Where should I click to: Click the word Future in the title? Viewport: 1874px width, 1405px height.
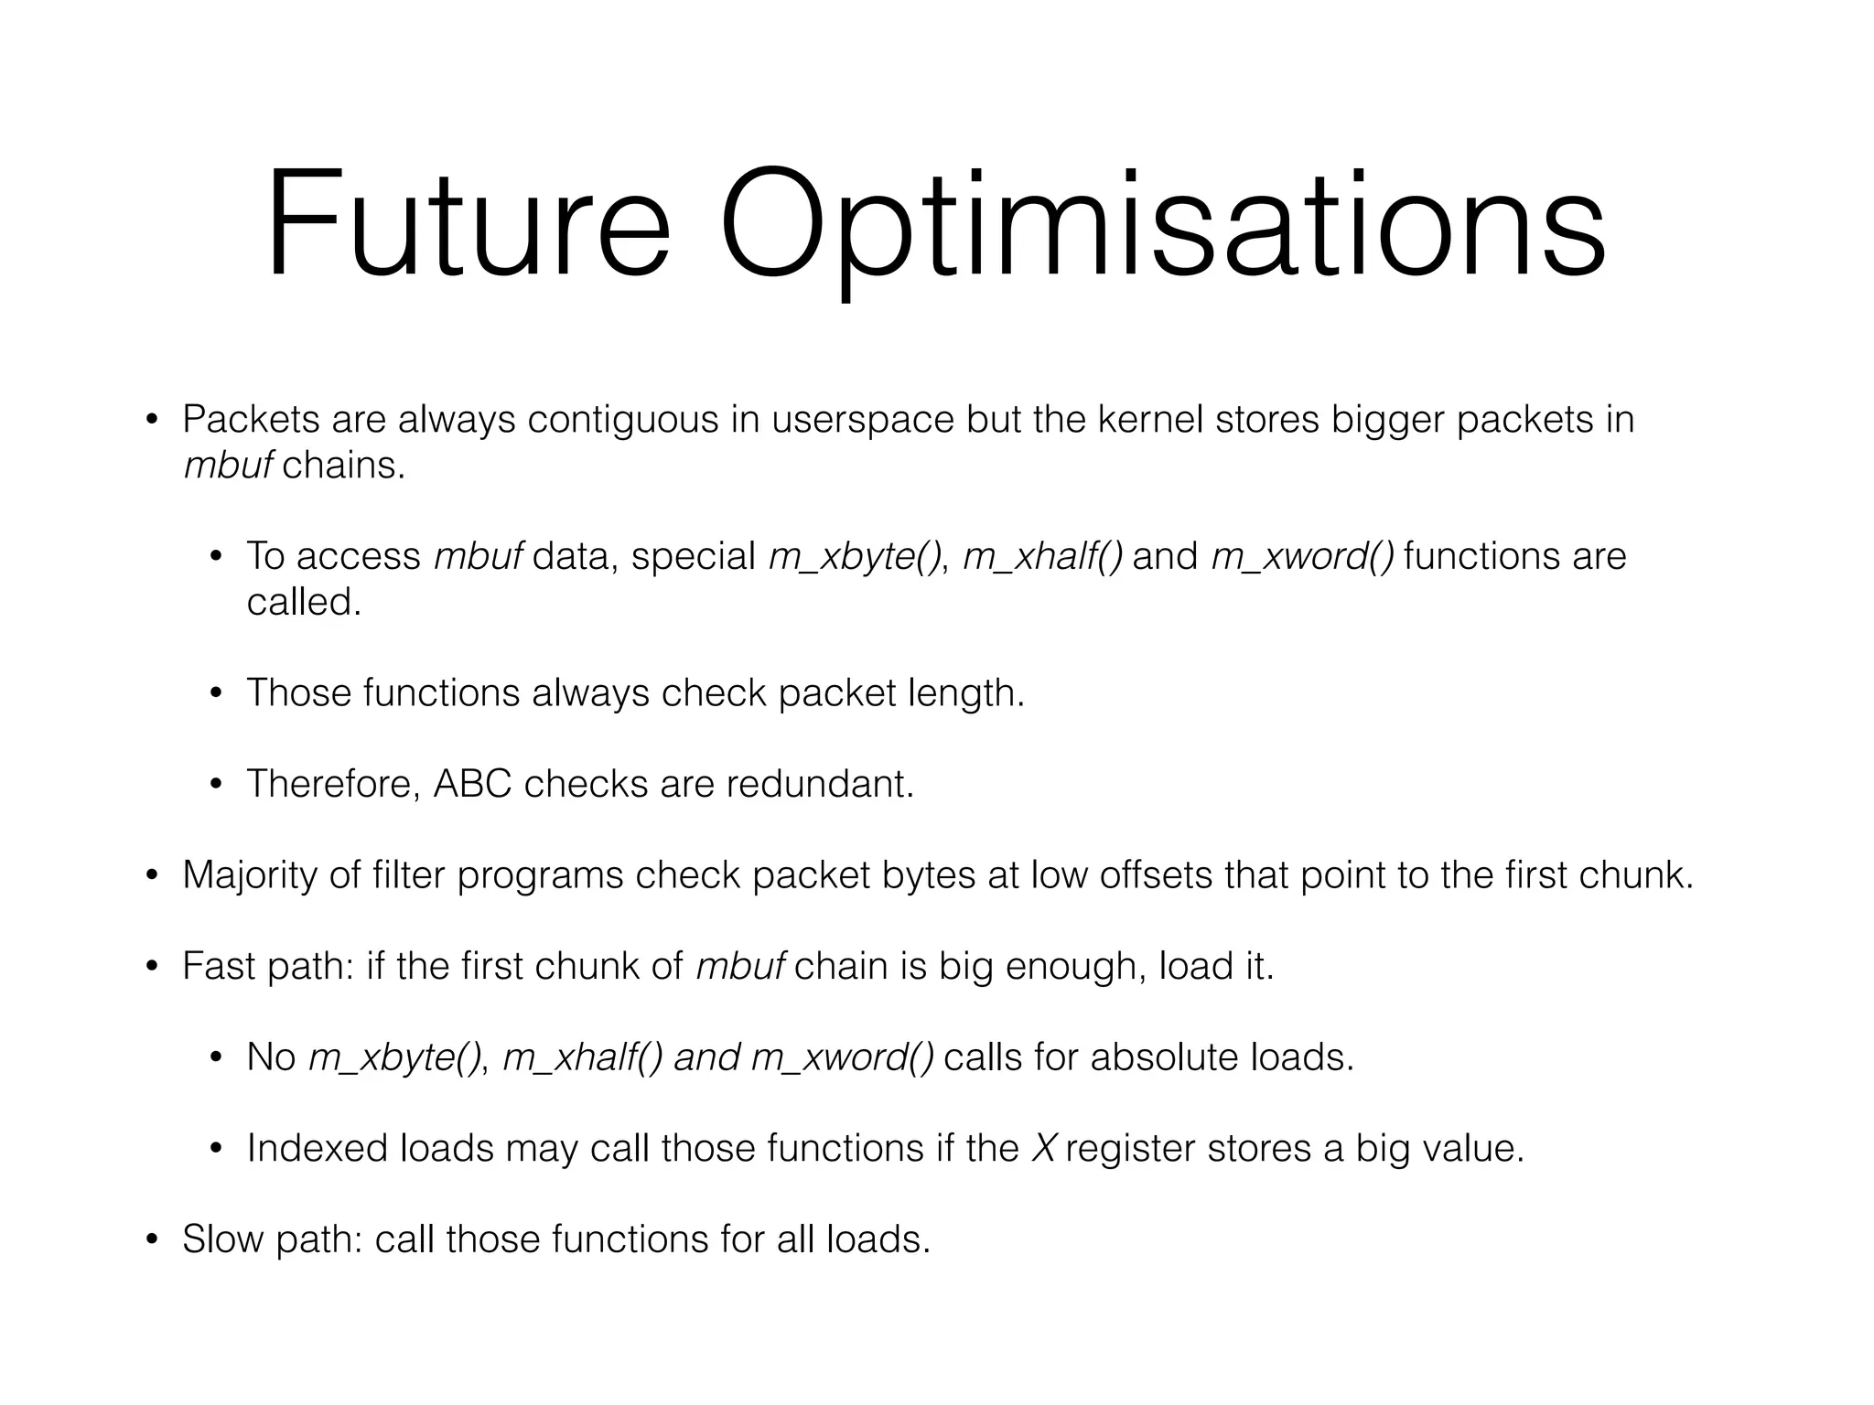(468, 224)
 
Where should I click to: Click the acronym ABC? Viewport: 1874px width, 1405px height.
(472, 784)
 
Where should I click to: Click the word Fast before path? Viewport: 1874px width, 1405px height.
(219, 966)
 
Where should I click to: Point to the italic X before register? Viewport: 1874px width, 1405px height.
(1043, 1149)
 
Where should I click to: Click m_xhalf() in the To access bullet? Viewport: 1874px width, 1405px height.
(1042, 557)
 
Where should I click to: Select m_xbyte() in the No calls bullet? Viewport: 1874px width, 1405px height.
(394, 1058)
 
